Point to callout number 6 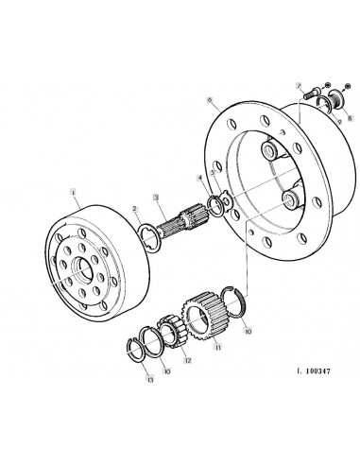point(208,96)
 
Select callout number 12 point(188,359)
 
